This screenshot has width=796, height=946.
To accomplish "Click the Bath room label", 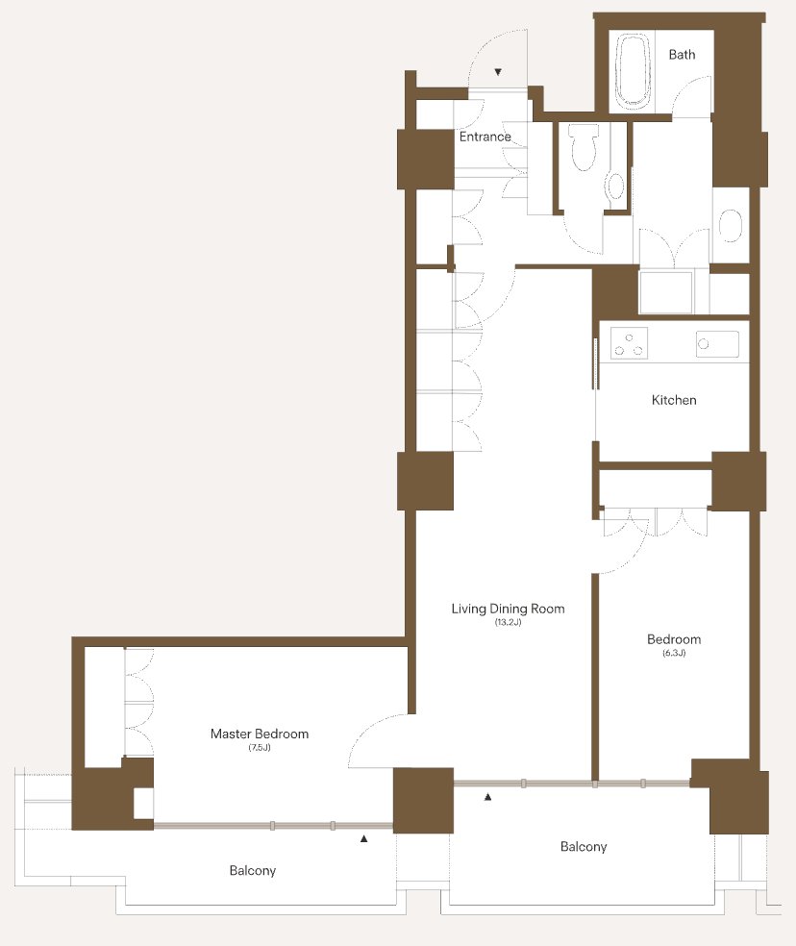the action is [x=682, y=55].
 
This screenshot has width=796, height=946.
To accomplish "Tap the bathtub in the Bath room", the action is [x=634, y=71].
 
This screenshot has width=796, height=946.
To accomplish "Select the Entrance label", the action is [x=485, y=137].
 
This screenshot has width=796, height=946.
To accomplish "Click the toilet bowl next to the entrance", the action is [x=584, y=148].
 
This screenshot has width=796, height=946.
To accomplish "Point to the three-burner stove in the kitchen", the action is [x=629, y=343].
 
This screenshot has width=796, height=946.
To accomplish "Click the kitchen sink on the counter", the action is [x=717, y=344].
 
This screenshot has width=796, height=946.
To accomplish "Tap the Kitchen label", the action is [x=674, y=400].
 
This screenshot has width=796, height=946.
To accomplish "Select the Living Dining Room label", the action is [x=509, y=609].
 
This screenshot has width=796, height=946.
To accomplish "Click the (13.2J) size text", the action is [x=509, y=622].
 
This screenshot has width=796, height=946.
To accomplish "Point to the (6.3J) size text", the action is [x=674, y=653].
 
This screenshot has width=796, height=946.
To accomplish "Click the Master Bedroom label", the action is [x=260, y=734].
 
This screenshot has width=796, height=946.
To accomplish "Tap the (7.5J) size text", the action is [x=260, y=748].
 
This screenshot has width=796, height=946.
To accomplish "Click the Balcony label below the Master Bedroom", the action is [x=253, y=871].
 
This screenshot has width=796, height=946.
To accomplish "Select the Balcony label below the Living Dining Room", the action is [x=584, y=846].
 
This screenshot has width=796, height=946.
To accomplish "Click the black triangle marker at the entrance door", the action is [x=498, y=72].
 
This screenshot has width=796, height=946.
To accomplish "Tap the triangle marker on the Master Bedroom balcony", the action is [x=364, y=838].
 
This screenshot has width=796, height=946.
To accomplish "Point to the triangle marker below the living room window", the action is [x=488, y=797].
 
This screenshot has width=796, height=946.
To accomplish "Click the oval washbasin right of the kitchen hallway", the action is [x=731, y=226].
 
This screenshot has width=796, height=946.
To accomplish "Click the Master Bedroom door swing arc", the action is [x=368, y=733].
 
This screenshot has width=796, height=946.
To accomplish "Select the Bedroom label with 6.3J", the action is [x=674, y=639].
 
